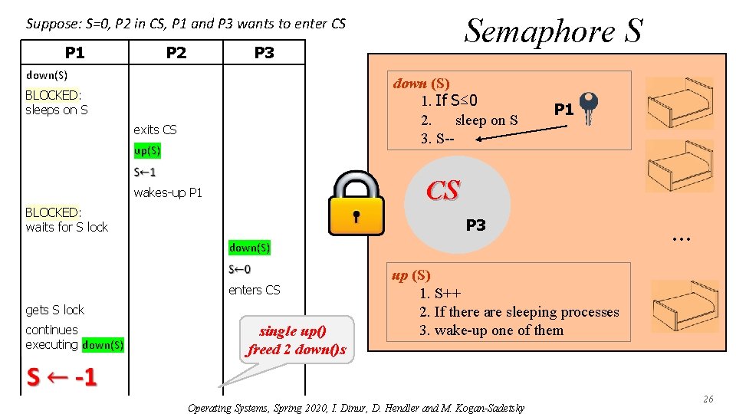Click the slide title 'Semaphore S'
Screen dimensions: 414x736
coord(554,31)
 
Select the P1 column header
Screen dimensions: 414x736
coord(74,52)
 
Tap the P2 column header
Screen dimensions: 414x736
coord(176,52)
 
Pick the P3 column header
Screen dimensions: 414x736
coord(264,52)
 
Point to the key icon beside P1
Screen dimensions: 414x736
coord(589,107)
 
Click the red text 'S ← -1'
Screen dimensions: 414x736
coord(61,378)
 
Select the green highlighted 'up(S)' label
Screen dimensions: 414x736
coord(147,150)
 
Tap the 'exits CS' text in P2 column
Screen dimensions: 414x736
coord(155,130)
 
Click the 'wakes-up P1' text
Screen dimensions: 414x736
coord(168,192)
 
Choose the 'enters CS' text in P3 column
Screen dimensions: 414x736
coord(255,290)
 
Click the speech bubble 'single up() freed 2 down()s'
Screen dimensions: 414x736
coord(296,340)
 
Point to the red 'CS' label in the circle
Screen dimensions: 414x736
coord(443,191)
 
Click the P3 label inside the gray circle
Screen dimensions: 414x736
coord(475,225)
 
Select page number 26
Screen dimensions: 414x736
coord(708,399)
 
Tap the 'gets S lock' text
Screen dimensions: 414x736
coord(55,310)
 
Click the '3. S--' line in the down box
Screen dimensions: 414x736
coord(437,139)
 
